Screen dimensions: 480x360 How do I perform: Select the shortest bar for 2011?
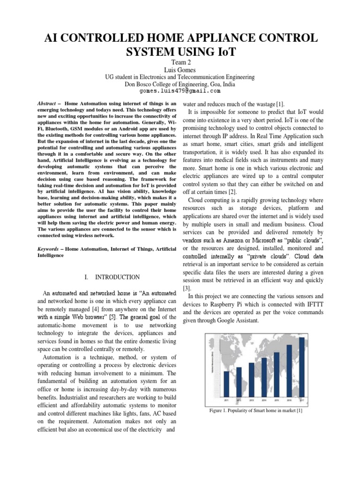[x=227, y=387]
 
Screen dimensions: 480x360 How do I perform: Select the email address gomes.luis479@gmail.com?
[x=180, y=92]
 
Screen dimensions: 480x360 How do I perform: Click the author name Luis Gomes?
[x=180, y=69]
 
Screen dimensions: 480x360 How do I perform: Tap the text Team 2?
[x=180, y=61]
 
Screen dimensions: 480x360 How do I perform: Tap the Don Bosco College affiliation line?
[x=180, y=84]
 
